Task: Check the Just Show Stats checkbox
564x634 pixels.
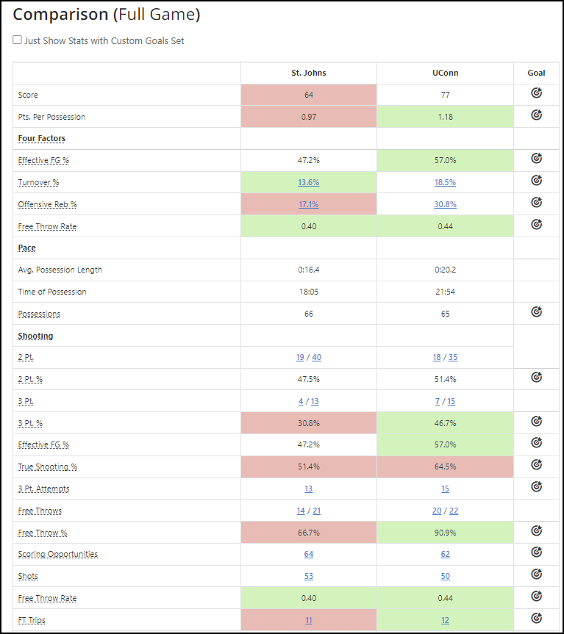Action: (17, 41)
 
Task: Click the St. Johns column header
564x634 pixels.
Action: (308, 73)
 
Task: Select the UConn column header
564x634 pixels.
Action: (445, 73)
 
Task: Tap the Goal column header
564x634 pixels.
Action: (536, 73)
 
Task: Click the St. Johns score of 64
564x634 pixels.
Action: (308, 95)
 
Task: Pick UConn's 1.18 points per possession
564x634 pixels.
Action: (445, 117)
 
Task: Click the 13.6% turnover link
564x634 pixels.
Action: (308, 182)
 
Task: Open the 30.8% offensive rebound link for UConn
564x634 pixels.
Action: (445, 204)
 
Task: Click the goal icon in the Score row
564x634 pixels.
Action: (536, 94)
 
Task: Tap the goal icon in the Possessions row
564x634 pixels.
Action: (536, 313)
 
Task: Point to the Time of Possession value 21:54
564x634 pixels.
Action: (445, 292)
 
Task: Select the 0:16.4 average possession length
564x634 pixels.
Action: (308, 270)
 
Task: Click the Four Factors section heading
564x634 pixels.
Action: (41, 138)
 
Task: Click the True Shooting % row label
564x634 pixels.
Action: (48, 467)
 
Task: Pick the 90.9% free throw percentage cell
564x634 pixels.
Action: (445, 533)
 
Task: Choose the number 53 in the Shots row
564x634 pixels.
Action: (308, 576)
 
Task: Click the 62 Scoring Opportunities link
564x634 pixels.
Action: (445, 554)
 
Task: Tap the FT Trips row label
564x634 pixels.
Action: (32, 620)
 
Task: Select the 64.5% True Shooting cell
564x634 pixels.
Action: (445, 467)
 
